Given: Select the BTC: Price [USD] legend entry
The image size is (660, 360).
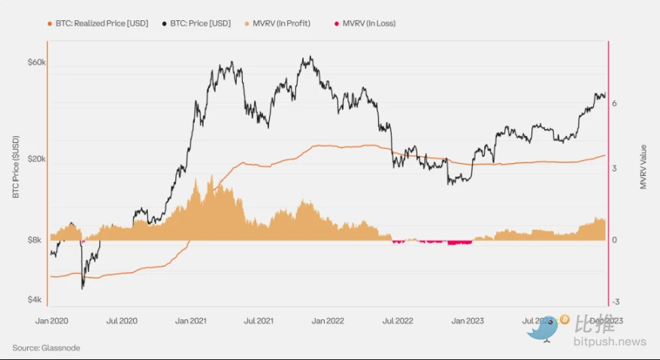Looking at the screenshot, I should point(195,23).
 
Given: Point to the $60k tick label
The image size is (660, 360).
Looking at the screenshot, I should point(37,62).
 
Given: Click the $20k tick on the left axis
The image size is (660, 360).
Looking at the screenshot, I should point(37,159).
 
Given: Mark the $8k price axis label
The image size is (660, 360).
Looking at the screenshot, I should point(38,241).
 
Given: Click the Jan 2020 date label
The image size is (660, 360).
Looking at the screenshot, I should point(52,320).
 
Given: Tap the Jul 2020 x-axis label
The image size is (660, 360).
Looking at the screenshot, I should point(122,320).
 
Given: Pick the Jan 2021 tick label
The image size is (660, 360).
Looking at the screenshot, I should point(191,320).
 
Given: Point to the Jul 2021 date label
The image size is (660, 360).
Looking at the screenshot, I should point(260,320).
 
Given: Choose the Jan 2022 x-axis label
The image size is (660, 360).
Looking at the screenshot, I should point(328,320).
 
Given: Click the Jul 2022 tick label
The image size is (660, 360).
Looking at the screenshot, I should point(398,320).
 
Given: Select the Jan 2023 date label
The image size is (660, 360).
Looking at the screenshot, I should point(467,320).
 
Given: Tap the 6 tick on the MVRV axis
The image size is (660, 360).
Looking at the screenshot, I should point(615,104).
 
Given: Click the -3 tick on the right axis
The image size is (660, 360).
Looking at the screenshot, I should point(616,301).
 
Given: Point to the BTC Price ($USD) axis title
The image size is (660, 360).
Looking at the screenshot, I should point(15,167).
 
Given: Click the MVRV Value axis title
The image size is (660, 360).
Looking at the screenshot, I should point(643,167).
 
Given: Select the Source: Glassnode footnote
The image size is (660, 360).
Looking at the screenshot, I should point(46,347).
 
